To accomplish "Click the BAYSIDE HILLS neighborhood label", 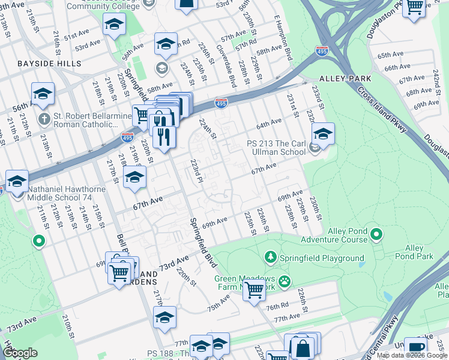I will pos(41,63).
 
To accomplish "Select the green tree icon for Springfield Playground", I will pos(271,257).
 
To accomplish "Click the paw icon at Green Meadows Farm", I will pos(284,280).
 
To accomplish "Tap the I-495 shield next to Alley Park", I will pos(322,52).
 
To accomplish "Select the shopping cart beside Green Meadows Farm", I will pos(255,290).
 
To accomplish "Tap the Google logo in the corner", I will pos(20,352).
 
